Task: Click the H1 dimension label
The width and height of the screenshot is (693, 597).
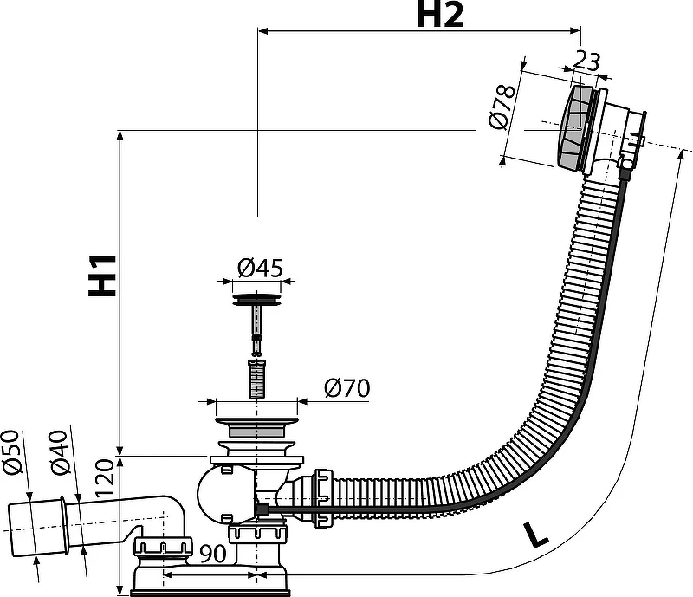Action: pos(102,276)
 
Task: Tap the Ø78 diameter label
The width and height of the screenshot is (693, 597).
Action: pos(502,107)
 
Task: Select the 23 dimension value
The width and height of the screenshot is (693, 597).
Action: pos(586,61)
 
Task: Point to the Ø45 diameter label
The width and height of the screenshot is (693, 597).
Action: pos(260,268)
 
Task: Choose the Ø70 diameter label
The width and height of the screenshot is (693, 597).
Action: pos(347,388)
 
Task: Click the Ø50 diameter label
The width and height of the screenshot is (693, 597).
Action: pos(12,452)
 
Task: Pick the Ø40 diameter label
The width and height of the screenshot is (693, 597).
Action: pos(59,452)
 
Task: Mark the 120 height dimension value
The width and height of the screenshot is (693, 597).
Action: pos(106,477)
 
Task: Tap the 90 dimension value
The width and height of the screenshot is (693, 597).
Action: pos(212,553)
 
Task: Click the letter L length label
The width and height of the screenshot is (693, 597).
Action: pos(535,535)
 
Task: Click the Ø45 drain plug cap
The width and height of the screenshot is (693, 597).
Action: pos(256,300)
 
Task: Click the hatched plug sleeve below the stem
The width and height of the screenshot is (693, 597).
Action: pos(256,379)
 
